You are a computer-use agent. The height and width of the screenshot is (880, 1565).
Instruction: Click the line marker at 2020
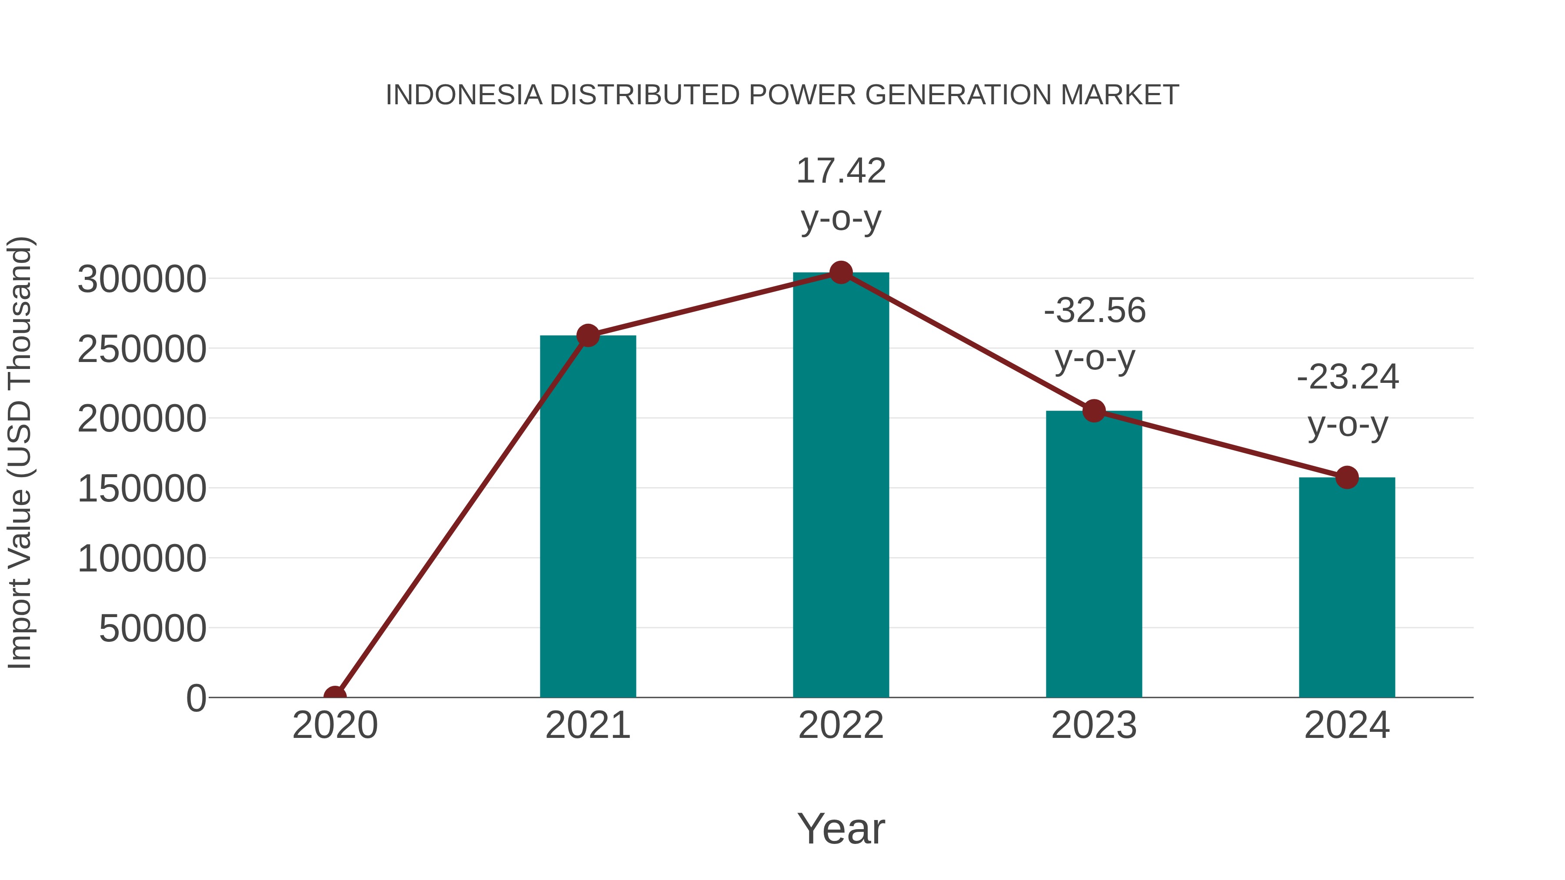335,697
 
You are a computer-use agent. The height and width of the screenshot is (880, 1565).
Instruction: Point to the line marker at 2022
841,272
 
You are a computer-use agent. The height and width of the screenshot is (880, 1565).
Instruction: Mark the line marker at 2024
1347,477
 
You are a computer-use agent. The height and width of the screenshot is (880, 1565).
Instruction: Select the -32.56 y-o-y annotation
1095,334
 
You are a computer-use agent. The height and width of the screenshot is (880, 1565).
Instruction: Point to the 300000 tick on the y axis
142,279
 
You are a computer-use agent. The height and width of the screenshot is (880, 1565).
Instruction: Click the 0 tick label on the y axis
196,698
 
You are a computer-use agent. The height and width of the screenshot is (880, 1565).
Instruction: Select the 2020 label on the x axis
335,725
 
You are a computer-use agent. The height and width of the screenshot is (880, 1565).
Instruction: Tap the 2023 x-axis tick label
1094,725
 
